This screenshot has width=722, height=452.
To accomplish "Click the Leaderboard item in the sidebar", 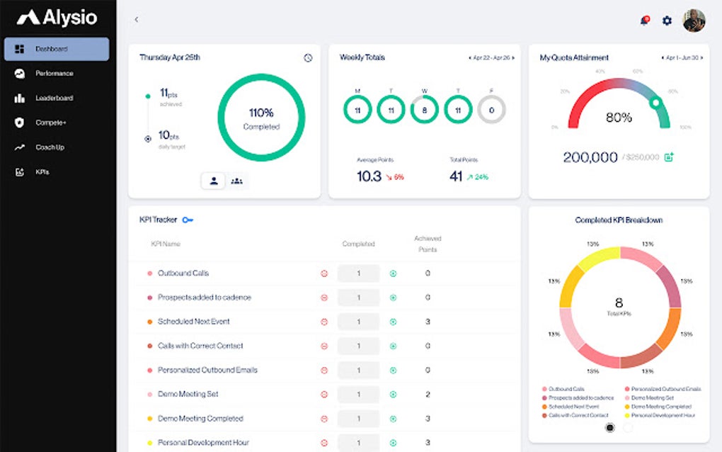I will (x=54, y=98).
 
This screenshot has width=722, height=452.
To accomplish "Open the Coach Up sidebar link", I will (x=50, y=147).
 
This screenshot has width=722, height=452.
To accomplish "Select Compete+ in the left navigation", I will (x=50, y=123).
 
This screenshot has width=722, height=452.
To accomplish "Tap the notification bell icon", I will (x=644, y=21).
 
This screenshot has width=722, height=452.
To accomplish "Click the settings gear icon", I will (x=667, y=21).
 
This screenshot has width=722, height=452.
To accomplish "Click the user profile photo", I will (x=694, y=21).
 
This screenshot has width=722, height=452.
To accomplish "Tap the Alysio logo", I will (x=57, y=18).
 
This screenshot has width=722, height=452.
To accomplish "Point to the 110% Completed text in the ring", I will (x=261, y=118).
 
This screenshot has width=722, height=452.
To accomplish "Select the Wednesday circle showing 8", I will (x=425, y=110).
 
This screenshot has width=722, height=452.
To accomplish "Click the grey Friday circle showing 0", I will (x=491, y=110).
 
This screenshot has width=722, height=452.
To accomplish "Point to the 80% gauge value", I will (x=619, y=118).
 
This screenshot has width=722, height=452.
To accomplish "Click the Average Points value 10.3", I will (x=369, y=176).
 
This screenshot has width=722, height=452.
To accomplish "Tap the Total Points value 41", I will (x=456, y=176).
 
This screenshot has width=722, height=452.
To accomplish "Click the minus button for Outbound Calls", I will (x=324, y=273).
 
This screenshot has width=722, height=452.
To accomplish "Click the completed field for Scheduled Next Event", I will (x=358, y=322).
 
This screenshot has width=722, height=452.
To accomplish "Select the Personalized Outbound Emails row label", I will (x=207, y=370).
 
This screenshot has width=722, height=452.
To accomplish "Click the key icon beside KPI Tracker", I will (x=188, y=220).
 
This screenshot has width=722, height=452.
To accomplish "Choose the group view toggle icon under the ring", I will (x=236, y=181).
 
